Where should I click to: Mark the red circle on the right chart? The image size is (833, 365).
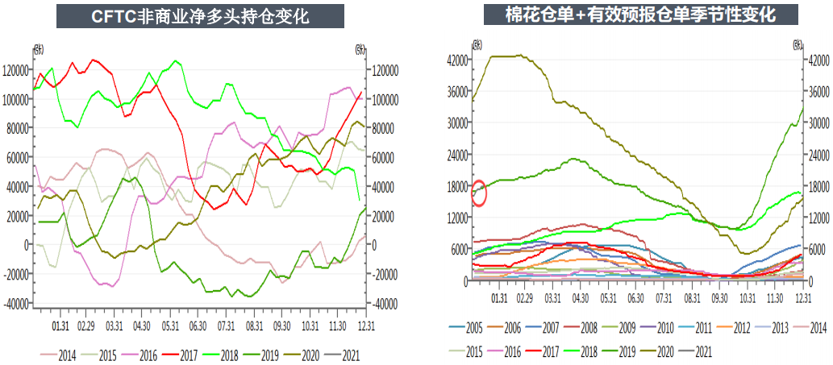[478, 193]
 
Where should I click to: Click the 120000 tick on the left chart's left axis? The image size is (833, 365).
[16, 70]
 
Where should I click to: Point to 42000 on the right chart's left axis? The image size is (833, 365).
[457, 60]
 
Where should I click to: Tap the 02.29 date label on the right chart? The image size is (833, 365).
[525, 298]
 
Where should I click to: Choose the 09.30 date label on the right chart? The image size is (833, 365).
[719, 298]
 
